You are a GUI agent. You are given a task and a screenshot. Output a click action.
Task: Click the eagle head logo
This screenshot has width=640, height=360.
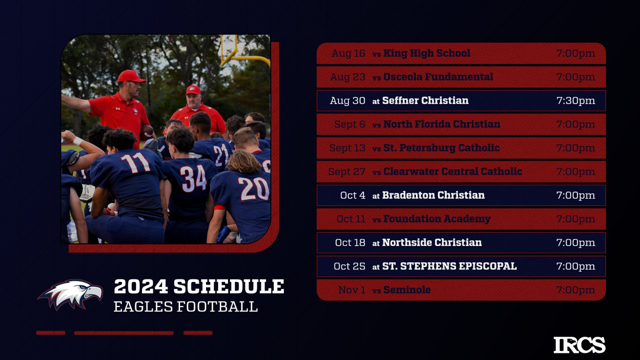(70, 294)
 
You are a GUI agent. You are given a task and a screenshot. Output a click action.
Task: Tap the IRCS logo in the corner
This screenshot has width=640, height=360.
(580, 345)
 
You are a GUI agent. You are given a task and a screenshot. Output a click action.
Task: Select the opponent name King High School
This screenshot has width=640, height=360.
(426, 53)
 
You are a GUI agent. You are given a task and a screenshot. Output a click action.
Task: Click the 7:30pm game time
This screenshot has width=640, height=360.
(576, 100)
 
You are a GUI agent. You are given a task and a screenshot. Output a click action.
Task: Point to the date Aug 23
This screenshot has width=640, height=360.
(348, 77)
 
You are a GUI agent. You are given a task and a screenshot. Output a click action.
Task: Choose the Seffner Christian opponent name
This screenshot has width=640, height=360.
(426, 100)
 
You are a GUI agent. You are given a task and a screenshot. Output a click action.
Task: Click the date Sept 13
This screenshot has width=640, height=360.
(347, 148)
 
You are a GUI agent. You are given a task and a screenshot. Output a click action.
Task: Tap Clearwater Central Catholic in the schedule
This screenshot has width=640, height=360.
(452, 172)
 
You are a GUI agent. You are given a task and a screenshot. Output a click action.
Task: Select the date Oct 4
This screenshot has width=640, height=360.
(352, 195)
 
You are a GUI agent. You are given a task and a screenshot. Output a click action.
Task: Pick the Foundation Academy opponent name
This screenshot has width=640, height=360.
(437, 219)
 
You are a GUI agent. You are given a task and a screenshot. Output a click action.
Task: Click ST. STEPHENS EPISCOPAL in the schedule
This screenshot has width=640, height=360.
(450, 266)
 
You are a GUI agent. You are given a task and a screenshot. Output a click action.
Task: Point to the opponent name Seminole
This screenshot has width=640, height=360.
(407, 290)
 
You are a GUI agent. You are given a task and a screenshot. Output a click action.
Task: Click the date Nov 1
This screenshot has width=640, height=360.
(352, 290)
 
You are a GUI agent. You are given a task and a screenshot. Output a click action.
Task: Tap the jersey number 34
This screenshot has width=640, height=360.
(194, 178)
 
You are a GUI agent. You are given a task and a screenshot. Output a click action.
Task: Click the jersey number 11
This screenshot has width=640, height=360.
(136, 162)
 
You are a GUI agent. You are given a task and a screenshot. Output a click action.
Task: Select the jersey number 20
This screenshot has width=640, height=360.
(254, 188)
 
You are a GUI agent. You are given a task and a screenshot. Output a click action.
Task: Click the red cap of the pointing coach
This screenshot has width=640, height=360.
(131, 76)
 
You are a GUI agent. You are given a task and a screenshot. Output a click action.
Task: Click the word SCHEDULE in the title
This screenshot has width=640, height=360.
(229, 286)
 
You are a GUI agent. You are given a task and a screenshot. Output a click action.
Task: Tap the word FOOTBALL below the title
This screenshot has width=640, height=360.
(217, 307)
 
